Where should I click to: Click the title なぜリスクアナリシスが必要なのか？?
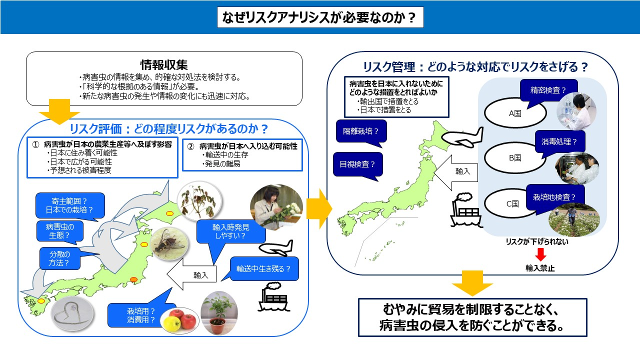[x=320, y=17]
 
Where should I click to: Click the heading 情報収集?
[x=164, y=65]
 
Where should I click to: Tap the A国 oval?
[x=515, y=113]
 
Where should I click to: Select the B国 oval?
[x=514, y=158]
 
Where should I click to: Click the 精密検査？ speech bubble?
[x=548, y=91]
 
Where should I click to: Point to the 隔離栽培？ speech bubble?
[x=361, y=131]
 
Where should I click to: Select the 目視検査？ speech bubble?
[x=357, y=165]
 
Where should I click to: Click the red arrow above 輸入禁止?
[x=540, y=254]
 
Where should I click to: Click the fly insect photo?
[x=169, y=243]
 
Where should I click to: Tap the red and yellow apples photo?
[x=179, y=320]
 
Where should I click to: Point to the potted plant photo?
[x=219, y=313]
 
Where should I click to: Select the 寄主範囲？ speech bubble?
[x=70, y=205]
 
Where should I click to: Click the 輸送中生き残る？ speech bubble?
[x=263, y=269]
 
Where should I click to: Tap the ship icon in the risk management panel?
[x=465, y=210]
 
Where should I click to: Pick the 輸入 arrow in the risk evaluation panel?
[x=191, y=274]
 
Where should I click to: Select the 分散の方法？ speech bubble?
[x=60, y=258]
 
